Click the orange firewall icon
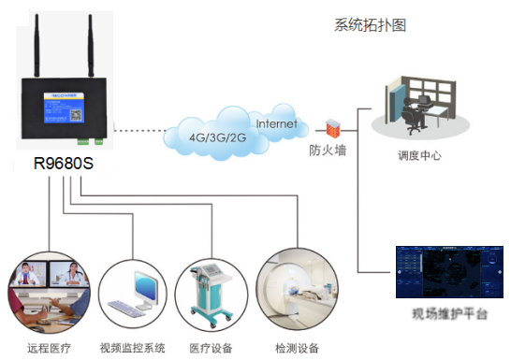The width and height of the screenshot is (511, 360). [331, 126]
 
